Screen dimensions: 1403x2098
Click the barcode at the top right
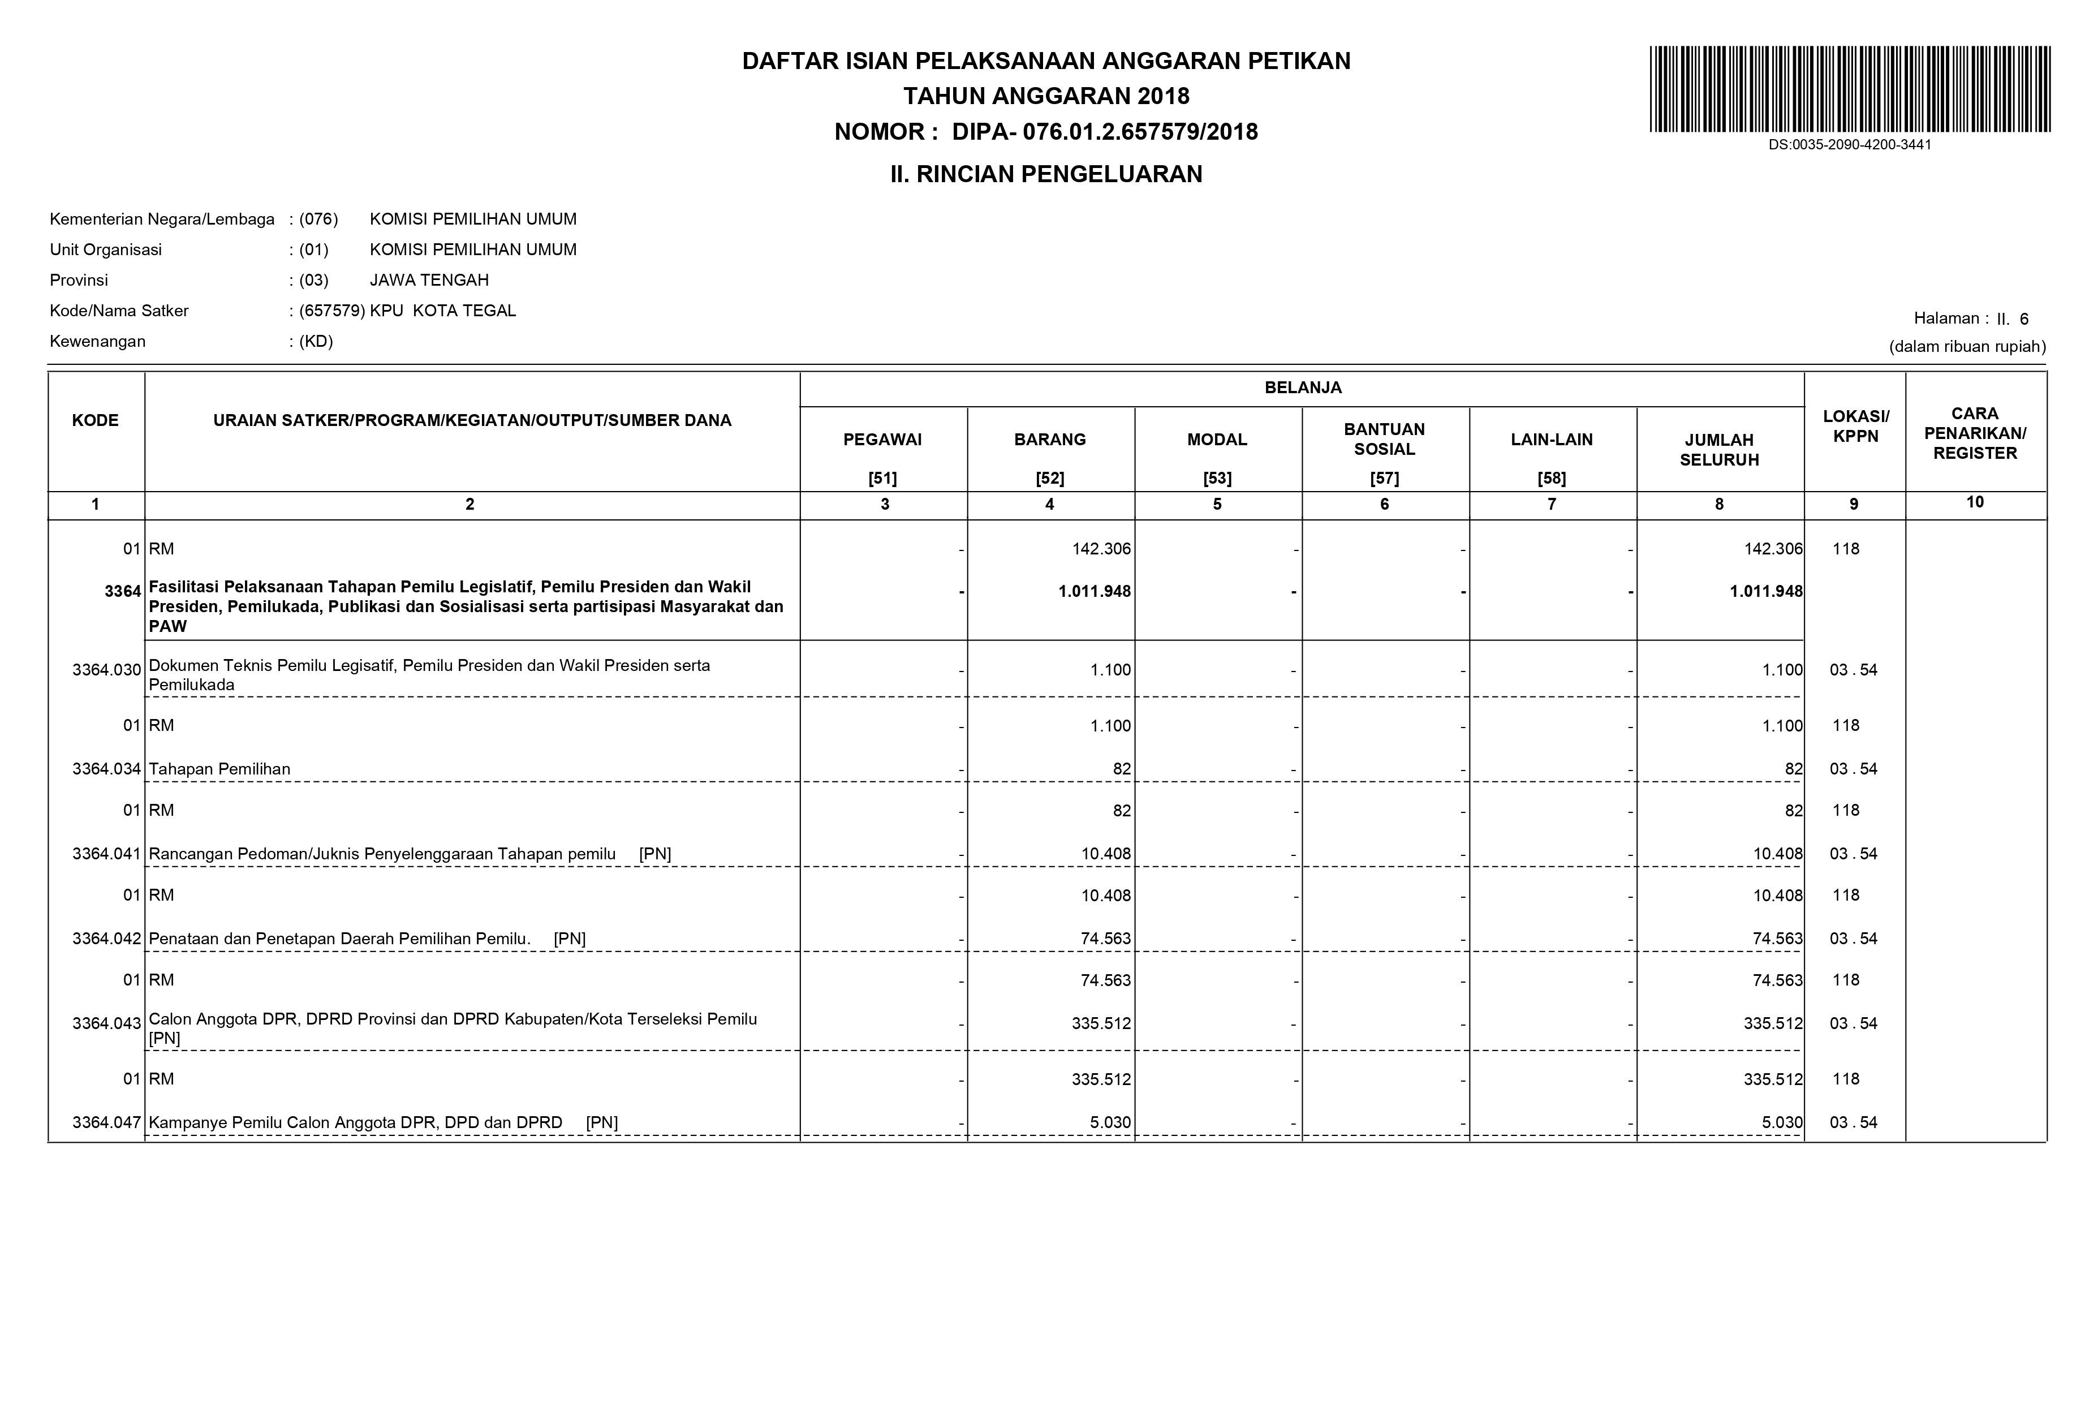click(x=1849, y=89)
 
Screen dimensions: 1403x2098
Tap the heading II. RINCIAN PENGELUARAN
click(x=1046, y=174)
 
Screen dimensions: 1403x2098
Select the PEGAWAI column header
click(x=882, y=440)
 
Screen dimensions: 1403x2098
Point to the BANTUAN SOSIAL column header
click(x=1384, y=440)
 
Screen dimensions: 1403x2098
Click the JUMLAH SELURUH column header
click(x=1718, y=449)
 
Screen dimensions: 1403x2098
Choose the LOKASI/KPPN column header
click(x=1855, y=427)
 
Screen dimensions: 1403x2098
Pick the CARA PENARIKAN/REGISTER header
click(x=1975, y=433)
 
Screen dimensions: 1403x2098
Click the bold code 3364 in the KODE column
click(x=123, y=591)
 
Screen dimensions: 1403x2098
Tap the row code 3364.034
click(x=106, y=769)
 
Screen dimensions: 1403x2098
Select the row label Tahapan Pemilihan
click(x=219, y=769)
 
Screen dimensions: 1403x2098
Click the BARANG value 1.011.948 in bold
click(x=1094, y=591)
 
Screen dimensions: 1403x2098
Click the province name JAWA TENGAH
click(x=429, y=280)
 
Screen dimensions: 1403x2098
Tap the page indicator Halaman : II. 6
click(x=1970, y=319)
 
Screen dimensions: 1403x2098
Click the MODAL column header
click(x=1217, y=440)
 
